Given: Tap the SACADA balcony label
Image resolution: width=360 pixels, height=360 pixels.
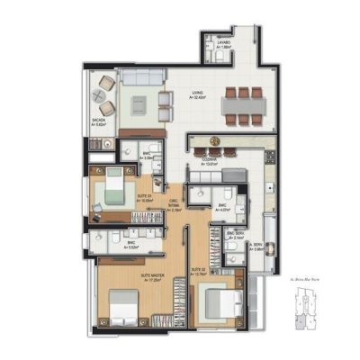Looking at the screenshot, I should [x=99, y=121].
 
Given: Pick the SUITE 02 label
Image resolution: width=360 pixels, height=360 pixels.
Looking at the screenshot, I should [x=200, y=270].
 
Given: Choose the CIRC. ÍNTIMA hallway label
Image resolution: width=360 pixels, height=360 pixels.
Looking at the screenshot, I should [x=173, y=204].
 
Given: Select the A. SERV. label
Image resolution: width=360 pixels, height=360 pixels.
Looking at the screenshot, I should [x=257, y=246].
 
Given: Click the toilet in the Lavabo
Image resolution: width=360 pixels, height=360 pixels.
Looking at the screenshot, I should [x=220, y=58].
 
